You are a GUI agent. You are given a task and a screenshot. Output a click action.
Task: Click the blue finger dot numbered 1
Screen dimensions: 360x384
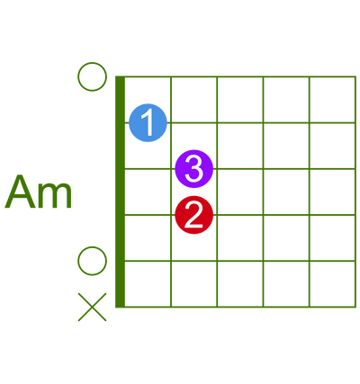148,122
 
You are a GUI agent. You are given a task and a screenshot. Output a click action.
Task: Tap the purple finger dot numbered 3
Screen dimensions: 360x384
193,169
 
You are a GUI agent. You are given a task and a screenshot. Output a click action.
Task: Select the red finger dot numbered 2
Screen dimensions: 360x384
193,215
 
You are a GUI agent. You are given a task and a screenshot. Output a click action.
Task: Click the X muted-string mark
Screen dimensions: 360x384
92,307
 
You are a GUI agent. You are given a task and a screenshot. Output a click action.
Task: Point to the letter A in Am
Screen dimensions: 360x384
20,192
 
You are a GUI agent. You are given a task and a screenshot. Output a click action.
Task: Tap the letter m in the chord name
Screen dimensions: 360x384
56,195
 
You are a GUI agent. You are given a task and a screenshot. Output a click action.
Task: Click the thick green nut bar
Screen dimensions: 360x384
120,192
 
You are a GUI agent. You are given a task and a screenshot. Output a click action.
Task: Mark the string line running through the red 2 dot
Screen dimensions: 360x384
240,215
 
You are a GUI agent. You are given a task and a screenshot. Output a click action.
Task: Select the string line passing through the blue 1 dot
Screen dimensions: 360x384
240,122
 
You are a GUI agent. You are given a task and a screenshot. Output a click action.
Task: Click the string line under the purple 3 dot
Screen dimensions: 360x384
240,169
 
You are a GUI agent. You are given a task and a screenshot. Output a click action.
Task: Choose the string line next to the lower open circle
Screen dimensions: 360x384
240,261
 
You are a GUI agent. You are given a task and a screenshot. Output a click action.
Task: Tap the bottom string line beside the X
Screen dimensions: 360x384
240,307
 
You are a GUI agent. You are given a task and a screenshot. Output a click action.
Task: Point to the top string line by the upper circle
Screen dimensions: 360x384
240,76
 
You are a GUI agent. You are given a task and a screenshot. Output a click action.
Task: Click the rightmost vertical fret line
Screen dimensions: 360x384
355,192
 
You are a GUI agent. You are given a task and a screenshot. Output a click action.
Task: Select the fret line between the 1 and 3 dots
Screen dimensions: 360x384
171,192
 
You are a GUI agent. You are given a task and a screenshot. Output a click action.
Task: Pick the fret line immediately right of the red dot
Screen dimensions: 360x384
217,192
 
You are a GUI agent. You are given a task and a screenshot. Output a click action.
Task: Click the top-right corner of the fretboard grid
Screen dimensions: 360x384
355,76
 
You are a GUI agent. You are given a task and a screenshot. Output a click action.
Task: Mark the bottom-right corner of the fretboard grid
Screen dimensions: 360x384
355,307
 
